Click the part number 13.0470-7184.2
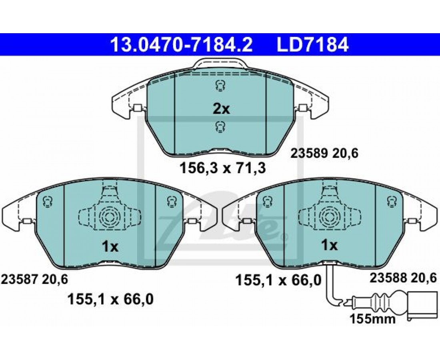pos(182,45)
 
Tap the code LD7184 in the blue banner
pos(313,45)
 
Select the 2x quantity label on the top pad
pos(221,109)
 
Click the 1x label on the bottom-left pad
pos(110,247)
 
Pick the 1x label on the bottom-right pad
pos(330,246)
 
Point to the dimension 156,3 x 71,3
pos(222,168)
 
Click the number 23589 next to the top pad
pos(308,154)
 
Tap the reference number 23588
pos(388,278)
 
